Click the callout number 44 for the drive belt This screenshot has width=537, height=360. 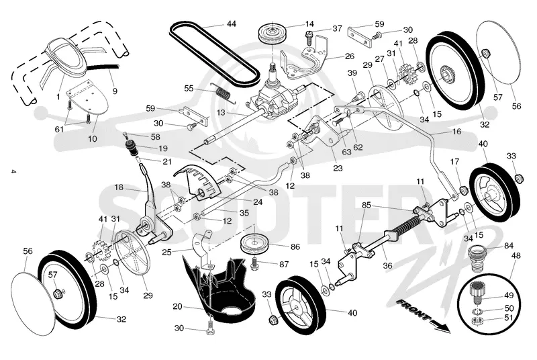tap(232, 24)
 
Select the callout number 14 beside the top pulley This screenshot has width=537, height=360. tap(309, 24)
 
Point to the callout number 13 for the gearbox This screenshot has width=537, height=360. tap(221, 112)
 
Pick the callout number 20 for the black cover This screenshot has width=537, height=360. tap(177, 306)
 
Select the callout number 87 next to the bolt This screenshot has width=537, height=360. tap(284, 264)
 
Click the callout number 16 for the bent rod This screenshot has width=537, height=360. tap(457, 131)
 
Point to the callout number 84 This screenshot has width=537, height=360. tap(509, 246)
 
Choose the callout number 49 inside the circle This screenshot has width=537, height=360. tap(509, 295)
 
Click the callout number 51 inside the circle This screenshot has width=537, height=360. tap(509, 318)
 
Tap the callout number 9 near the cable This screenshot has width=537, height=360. tap(115, 91)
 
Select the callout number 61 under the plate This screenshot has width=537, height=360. tap(59, 129)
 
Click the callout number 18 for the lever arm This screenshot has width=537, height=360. tap(119, 187)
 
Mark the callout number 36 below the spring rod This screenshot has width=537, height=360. tap(387, 265)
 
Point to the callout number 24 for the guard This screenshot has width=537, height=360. tap(258, 202)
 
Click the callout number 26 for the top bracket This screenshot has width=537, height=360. tap(349, 56)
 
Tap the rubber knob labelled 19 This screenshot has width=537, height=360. tap(132, 146)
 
